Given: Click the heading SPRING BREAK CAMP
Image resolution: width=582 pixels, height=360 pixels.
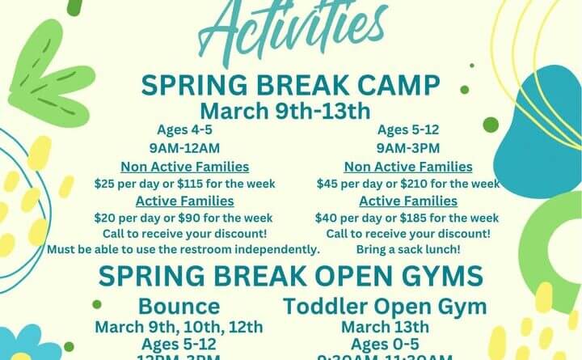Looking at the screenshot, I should pyautogui.click(x=291, y=85).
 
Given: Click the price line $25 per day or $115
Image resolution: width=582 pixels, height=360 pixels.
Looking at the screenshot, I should pyautogui.click(x=183, y=184).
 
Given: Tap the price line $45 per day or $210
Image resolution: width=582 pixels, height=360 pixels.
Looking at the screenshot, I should pyautogui.click(x=407, y=184).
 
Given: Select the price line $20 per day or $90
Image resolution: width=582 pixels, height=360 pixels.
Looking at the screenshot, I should pyautogui.click(x=183, y=218).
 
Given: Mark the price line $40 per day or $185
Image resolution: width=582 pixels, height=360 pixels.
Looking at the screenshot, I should pyautogui.click(x=407, y=218).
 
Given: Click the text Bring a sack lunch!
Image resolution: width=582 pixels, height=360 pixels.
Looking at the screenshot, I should pyautogui.click(x=407, y=249).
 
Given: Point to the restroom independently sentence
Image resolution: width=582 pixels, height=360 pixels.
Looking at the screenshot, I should pyautogui.click(x=183, y=249).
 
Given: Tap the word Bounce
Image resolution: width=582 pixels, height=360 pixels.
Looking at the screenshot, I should pyautogui.click(x=179, y=307).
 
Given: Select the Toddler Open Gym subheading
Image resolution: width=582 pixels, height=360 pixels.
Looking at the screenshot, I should pyautogui.click(x=385, y=307).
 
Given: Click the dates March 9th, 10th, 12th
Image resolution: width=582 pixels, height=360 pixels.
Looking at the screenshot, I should pyautogui.click(x=179, y=327).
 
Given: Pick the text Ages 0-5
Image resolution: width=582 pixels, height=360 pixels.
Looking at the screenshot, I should pyautogui.click(x=385, y=343).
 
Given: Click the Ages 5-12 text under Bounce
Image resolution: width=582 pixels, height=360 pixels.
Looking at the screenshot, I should pyautogui.click(x=179, y=344).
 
